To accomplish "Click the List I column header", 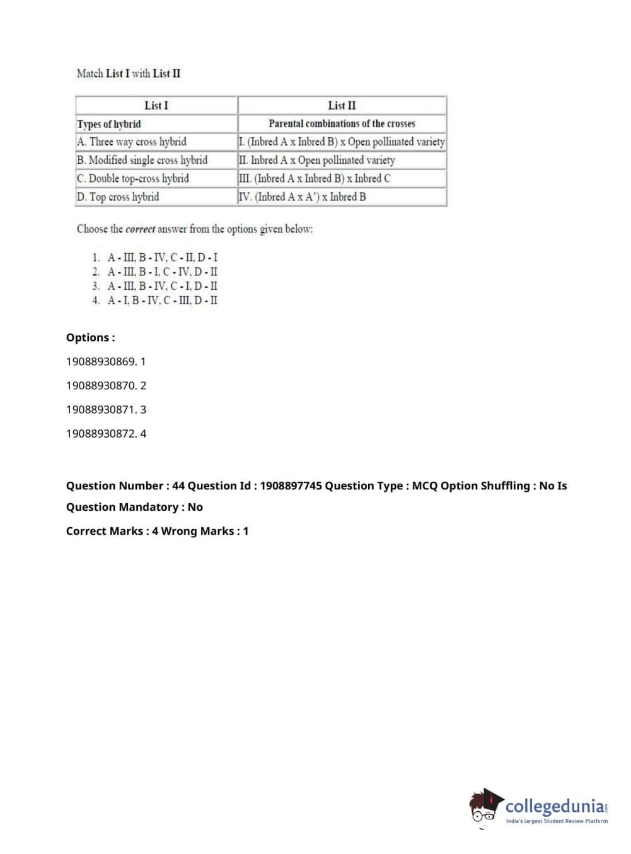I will pyautogui.click(x=156, y=105).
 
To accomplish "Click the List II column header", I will pyautogui.click(x=342, y=105).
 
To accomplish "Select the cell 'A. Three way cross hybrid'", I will pyautogui.click(x=132, y=142).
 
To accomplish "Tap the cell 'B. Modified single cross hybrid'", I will pyautogui.click(x=142, y=160).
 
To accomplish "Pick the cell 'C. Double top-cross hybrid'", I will pyautogui.click(x=133, y=178).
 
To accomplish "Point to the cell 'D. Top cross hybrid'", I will pyautogui.click(x=118, y=196).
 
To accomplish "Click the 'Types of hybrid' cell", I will pyautogui.click(x=109, y=123).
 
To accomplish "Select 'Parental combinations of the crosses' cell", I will pyautogui.click(x=342, y=123).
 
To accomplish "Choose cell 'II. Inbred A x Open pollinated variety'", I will pyautogui.click(x=317, y=160).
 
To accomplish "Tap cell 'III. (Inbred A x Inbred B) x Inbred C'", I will pyautogui.click(x=315, y=178).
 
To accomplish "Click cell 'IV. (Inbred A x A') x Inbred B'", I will pyautogui.click(x=303, y=196).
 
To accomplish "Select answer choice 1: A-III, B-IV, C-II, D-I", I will pyautogui.click(x=162, y=258).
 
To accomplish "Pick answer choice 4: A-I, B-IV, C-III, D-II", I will pyautogui.click(x=162, y=300).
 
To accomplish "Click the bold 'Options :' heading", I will pyautogui.click(x=91, y=338).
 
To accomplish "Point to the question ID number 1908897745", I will pyautogui.click(x=291, y=486).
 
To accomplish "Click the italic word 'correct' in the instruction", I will pyautogui.click(x=140, y=229).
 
